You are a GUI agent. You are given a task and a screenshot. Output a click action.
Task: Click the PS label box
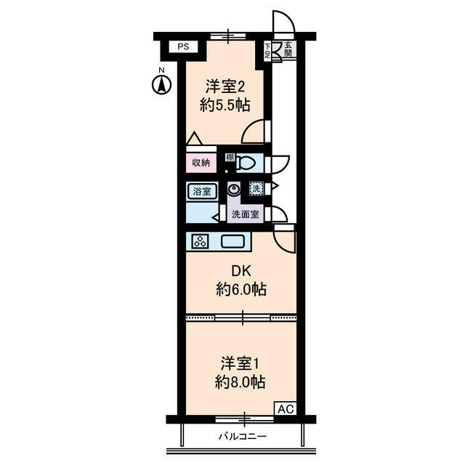pyautogui.click(x=183, y=47)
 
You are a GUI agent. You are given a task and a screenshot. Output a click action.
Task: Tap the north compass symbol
pyautogui.click(x=161, y=84)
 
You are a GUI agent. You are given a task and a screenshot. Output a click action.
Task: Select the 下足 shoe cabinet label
pyautogui.click(x=268, y=51)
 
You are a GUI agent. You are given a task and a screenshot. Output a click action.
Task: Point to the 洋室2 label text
pyautogui.click(x=225, y=85)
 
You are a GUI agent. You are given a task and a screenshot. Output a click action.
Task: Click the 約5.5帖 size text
pyautogui.click(x=225, y=105)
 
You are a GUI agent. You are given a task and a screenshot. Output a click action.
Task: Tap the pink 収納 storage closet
pyautogui.click(x=201, y=163)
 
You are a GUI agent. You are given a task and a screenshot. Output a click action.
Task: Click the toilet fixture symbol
pyautogui.click(x=246, y=163)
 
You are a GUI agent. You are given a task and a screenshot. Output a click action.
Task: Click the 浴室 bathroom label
pyautogui.click(x=202, y=192)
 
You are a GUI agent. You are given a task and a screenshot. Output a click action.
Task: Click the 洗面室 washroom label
pyautogui.click(x=245, y=214)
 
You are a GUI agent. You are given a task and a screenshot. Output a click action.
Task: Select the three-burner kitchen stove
pyautogui.click(x=199, y=241)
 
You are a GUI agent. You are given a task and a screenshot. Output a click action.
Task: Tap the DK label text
pyautogui.click(x=240, y=271)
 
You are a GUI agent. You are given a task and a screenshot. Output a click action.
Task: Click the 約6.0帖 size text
pyautogui.click(x=240, y=290)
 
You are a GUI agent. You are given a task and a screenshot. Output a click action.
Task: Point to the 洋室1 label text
pyautogui.click(x=240, y=362)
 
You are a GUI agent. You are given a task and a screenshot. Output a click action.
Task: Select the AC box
pyautogui.click(x=284, y=408)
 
